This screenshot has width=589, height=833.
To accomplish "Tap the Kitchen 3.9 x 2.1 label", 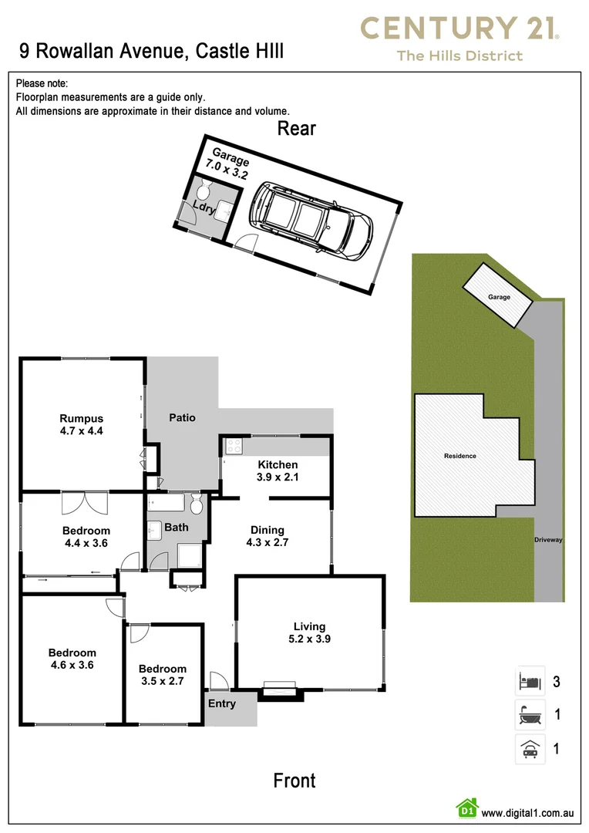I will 278,470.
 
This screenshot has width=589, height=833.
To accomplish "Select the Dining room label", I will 268,536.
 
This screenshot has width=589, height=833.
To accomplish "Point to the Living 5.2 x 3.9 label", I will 309,632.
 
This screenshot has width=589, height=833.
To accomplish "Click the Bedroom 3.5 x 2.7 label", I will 163,675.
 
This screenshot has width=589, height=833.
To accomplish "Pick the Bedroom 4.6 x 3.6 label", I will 72,659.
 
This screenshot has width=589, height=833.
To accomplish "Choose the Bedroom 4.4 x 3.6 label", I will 86,537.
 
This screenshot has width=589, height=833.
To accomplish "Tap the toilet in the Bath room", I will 196,506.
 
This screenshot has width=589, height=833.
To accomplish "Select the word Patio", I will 183,417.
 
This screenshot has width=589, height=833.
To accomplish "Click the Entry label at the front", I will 222,703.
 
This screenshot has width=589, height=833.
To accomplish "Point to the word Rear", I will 297,128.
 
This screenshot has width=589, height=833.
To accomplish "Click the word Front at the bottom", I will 294,781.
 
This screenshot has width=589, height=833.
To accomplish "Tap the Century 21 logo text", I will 459,29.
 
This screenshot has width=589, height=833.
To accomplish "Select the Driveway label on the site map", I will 548,540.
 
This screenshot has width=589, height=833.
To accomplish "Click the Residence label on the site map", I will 460,456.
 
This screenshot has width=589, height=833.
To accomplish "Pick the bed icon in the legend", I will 530,682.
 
